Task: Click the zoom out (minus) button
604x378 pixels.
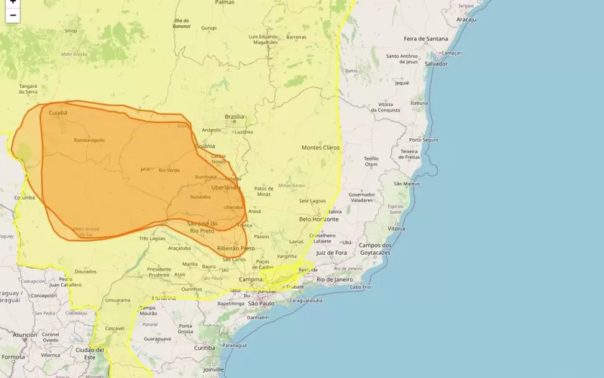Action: point(12,15)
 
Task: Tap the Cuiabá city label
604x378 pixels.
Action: point(58,112)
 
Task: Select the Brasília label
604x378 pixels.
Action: point(234,117)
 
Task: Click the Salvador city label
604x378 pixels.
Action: point(436,63)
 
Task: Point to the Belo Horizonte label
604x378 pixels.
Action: point(319,219)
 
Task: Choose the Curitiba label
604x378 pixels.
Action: point(204,348)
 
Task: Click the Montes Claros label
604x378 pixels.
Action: point(320,148)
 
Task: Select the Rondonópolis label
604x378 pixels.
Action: point(89,140)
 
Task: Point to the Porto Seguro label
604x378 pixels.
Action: point(424,140)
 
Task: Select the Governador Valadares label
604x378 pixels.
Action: point(362,197)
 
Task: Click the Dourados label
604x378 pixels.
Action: point(85,271)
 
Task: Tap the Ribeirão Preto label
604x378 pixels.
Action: point(235,248)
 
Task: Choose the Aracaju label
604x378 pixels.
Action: point(466,19)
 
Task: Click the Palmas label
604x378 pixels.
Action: point(224,3)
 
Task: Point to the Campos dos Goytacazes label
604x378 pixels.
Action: point(374,249)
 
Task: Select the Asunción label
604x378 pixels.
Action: point(24,335)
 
